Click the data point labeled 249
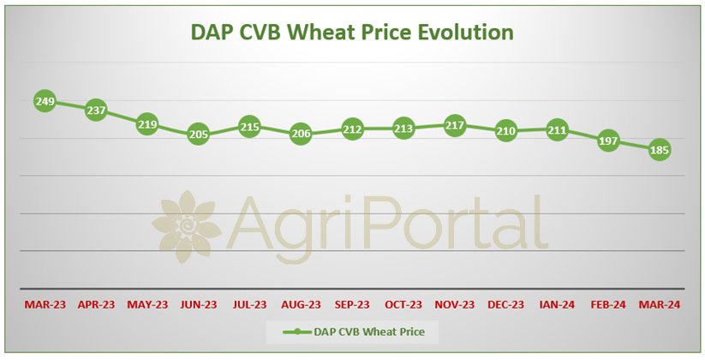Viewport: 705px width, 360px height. click(x=45, y=101)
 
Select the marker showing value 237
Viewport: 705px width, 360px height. click(x=96, y=111)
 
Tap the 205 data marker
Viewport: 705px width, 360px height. click(x=198, y=134)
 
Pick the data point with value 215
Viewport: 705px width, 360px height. click(x=249, y=127)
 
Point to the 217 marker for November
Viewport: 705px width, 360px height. click(x=455, y=125)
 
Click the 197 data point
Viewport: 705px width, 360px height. click(x=608, y=141)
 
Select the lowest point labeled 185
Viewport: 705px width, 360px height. click(x=660, y=150)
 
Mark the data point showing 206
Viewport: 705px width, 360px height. click(x=301, y=133)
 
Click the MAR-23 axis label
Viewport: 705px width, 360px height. click(x=45, y=304)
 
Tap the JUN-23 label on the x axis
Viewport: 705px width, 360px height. click(x=198, y=304)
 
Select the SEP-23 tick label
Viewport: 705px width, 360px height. click(x=352, y=304)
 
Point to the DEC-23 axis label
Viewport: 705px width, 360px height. click(x=505, y=304)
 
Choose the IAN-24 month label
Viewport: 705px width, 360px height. click(x=557, y=304)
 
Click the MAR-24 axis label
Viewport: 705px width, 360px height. click(x=660, y=304)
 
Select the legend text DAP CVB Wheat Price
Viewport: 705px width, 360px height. click(x=369, y=332)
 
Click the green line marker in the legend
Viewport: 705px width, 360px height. click(x=296, y=332)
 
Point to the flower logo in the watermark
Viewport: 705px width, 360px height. click(x=187, y=227)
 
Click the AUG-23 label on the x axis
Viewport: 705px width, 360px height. click(x=301, y=304)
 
